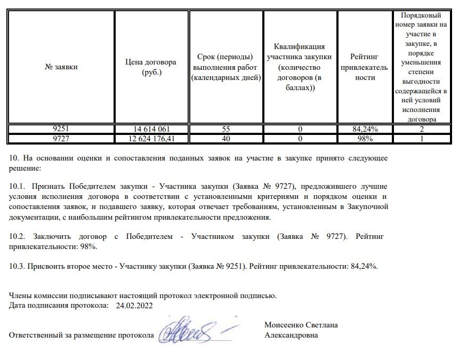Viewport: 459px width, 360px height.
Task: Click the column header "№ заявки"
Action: click(61, 67)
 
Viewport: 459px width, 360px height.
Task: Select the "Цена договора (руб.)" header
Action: click(151, 67)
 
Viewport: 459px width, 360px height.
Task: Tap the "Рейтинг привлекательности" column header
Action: click(365, 67)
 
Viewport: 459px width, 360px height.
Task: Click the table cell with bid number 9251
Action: click(61, 129)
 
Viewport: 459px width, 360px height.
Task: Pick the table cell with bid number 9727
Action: click(61, 139)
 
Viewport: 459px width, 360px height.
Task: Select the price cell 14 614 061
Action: click(151, 129)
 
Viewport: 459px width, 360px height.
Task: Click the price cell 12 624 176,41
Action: click(151, 139)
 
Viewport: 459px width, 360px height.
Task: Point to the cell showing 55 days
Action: click(226, 129)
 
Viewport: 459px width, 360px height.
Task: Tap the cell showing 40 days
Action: click(226, 139)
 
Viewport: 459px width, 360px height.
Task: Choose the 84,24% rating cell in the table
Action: click(365, 129)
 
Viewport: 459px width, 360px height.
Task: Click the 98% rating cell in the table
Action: click(365, 139)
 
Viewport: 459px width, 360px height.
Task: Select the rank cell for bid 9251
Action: click(422, 129)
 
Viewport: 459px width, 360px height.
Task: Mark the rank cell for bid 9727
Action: click(422, 139)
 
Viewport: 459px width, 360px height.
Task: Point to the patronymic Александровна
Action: click(291, 335)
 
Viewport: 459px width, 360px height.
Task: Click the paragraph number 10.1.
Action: click(18, 187)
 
